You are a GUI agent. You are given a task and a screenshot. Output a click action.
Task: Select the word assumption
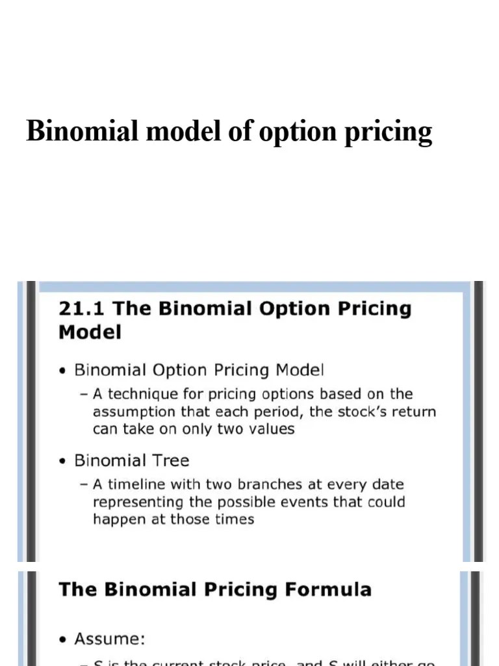click(133, 412)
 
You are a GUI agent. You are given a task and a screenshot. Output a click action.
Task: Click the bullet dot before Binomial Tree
click(62, 462)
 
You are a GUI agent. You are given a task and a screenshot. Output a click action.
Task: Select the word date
click(387, 485)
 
